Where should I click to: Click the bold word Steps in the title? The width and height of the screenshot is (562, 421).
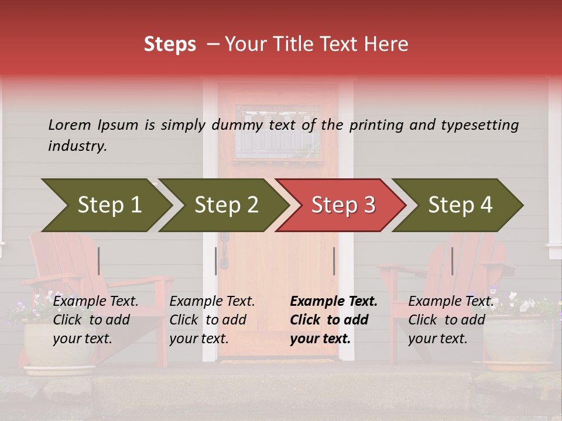pyautogui.click(x=170, y=44)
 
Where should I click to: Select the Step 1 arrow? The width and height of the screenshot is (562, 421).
pyautogui.click(x=109, y=205)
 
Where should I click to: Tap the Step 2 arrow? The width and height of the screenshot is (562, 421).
pyautogui.click(x=226, y=205)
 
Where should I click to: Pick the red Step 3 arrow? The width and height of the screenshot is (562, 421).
pyautogui.click(x=343, y=205)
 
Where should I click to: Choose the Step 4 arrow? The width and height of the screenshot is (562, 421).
pyautogui.click(x=460, y=205)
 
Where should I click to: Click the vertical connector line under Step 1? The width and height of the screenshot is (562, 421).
pyautogui.click(x=99, y=261)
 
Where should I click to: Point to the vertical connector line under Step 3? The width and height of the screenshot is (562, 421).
pyautogui.click(x=334, y=261)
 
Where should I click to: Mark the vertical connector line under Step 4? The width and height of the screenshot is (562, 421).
pyautogui.click(x=452, y=261)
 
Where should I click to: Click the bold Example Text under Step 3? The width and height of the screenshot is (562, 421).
pyautogui.click(x=334, y=302)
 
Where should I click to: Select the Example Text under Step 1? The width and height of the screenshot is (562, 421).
pyautogui.click(x=95, y=302)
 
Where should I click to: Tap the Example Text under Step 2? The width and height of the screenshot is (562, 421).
pyautogui.click(x=212, y=302)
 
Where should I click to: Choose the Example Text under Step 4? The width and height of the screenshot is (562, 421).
pyautogui.click(x=450, y=302)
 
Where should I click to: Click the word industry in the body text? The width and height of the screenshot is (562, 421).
pyautogui.click(x=77, y=146)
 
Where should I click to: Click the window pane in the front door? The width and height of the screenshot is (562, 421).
pyautogui.click(x=277, y=133)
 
